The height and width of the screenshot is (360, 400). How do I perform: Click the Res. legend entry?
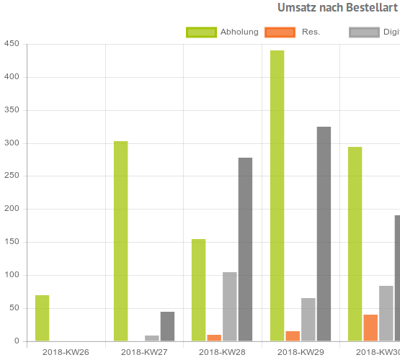293,32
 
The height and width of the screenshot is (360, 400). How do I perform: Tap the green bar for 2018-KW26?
43,318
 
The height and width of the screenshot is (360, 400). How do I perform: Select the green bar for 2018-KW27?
120,241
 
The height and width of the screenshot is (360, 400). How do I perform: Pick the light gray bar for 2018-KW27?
151,338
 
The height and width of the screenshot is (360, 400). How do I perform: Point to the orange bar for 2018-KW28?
214,338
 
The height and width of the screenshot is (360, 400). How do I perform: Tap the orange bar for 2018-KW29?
293,336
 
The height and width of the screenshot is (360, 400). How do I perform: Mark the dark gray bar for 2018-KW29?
324,234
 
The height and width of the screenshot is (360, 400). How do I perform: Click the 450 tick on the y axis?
11,44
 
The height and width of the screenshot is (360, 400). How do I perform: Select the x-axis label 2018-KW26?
66,352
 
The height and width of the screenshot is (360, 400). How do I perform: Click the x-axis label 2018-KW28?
222,352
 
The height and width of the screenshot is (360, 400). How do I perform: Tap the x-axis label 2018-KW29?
301,352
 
